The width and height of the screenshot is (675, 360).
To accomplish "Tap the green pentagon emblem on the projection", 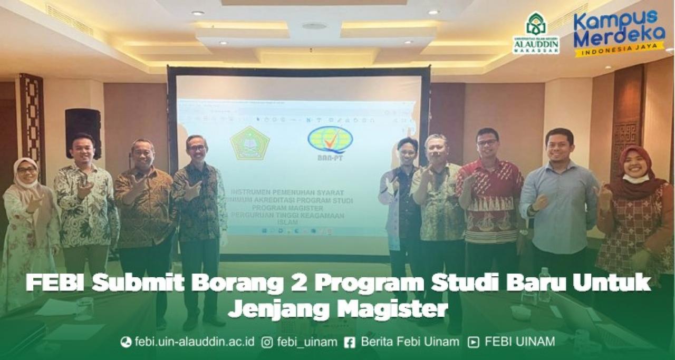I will point(249,143).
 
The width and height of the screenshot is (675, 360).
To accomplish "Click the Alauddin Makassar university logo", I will point(536,33).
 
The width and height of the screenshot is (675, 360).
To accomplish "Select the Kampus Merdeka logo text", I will point(619,30).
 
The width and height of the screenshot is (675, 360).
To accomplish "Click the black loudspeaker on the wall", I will point(83,133).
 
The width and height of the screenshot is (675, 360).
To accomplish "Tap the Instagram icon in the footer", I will point(267,342).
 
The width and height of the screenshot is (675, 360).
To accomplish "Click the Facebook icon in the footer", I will point(349,342).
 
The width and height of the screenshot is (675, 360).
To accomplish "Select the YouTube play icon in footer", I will point(474,342).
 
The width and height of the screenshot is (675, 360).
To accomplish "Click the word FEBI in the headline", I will point(54,283).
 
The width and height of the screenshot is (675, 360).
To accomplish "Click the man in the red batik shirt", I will point(489,195).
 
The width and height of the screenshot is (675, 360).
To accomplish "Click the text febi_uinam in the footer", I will point(307,342).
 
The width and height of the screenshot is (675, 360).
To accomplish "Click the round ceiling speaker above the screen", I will point(314,26).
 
